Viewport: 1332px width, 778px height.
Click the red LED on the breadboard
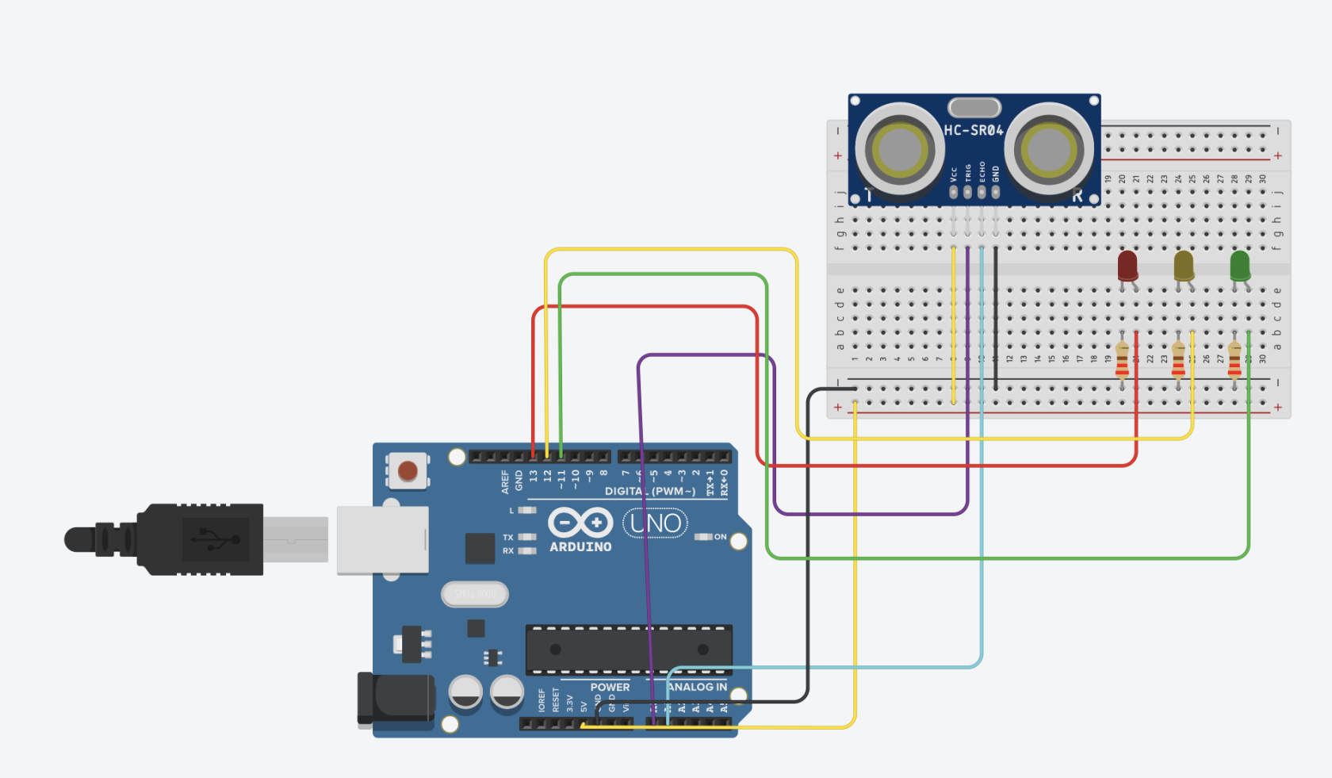tap(1127, 266)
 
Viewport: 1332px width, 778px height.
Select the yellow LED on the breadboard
tap(1184, 266)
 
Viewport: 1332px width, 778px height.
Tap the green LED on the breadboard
tap(1240, 266)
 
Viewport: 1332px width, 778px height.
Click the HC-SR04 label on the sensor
tap(974, 130)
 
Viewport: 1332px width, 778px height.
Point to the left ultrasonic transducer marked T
tap(899, 149)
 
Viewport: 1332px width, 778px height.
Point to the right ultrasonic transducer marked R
tap(1049, 149)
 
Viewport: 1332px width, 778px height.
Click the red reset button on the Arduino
tap(408, 471)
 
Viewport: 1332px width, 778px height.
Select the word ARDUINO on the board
tap(580, 547)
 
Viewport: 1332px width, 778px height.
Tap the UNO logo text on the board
tap(656, 523)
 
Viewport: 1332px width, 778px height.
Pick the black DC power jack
tap(395, 698)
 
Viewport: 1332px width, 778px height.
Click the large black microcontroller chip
tap(629, 650)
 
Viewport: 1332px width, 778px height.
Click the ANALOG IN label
tap(698, 687)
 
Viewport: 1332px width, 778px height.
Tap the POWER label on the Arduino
tap(610, 687)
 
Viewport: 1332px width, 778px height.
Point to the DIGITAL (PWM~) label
tap(650, 492)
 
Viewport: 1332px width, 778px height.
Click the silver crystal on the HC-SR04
tap(974, 107)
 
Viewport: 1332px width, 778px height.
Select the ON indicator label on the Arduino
tap(720, 537)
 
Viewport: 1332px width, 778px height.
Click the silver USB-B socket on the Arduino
tap(383, 540)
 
